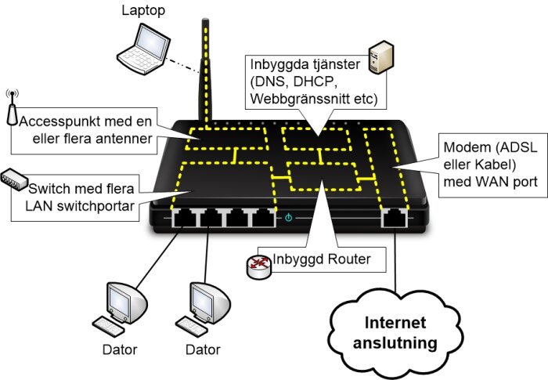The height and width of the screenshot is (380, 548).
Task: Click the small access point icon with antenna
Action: [11, 110]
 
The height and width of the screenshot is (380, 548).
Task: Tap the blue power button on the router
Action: [289, 217]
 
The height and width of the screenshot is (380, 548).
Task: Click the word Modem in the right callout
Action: [463, 150]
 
